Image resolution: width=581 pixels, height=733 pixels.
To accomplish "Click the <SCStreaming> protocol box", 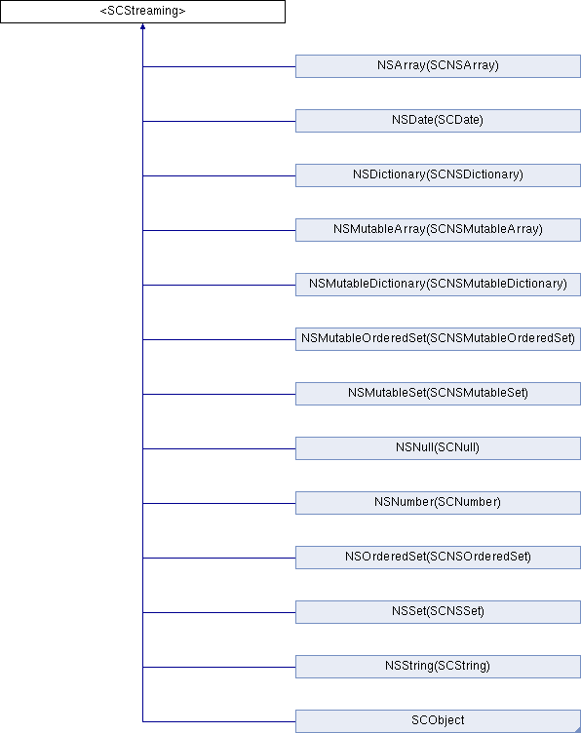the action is (x=142, y=12).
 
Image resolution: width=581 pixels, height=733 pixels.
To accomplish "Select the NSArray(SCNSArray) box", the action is (x=438, y=66).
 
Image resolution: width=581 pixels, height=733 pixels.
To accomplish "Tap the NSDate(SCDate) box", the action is (x=438, y=121).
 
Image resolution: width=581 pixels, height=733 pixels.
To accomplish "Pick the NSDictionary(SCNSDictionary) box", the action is (x=438, y=175).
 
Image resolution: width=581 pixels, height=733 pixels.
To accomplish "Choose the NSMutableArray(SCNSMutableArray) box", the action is (x=438, y=230).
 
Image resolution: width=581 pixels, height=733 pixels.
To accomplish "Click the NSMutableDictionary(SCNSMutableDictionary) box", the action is (x=438, y=285).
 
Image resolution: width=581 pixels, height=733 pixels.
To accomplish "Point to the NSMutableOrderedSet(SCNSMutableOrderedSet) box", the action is (x=438, y=339).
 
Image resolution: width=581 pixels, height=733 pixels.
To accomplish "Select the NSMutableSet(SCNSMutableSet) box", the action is (x=438, y=394).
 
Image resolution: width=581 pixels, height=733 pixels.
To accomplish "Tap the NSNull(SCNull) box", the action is (x=438, y=448).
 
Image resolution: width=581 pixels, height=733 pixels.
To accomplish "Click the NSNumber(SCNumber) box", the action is (x=438, y=503).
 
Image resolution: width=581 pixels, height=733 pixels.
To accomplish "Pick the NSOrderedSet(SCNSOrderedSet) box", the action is (x=438, y=558).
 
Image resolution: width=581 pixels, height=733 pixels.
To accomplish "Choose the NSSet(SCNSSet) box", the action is (x=438, y=612).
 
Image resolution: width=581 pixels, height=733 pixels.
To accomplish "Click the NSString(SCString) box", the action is (x=438, y=667).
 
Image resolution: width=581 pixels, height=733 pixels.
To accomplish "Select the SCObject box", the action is (x=438, y=721).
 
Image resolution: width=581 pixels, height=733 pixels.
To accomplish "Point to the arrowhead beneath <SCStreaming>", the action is (x=142, y=26).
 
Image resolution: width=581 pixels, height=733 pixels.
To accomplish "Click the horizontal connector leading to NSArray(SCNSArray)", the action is (x=219, y=66).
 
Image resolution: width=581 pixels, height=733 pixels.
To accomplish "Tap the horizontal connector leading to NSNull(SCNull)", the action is (x=219, y=448).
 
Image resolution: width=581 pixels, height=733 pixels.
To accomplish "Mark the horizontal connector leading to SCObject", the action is (x=219, y=721).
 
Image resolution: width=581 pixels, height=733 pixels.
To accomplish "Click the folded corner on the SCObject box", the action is (x=577, y=729).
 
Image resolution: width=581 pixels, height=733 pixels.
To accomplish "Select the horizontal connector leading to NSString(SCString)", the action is (x=219, y=667).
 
